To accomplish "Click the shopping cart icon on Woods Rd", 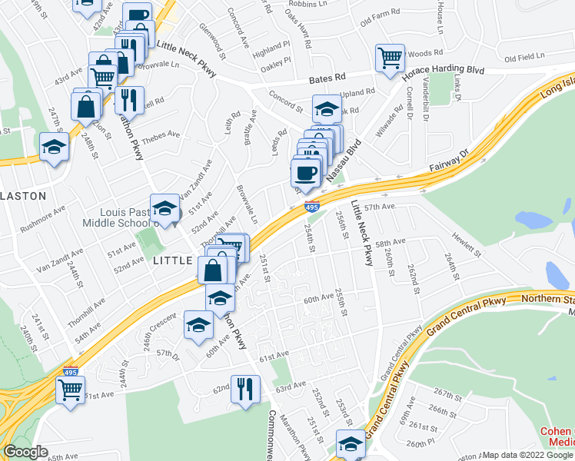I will (390, 58).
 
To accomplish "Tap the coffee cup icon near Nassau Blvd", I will (306, 174).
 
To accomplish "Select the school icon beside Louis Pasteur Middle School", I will (165, 209).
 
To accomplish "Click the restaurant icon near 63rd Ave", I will (245, 389).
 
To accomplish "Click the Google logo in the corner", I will (25, 453).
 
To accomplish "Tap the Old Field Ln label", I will (524, 58).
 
